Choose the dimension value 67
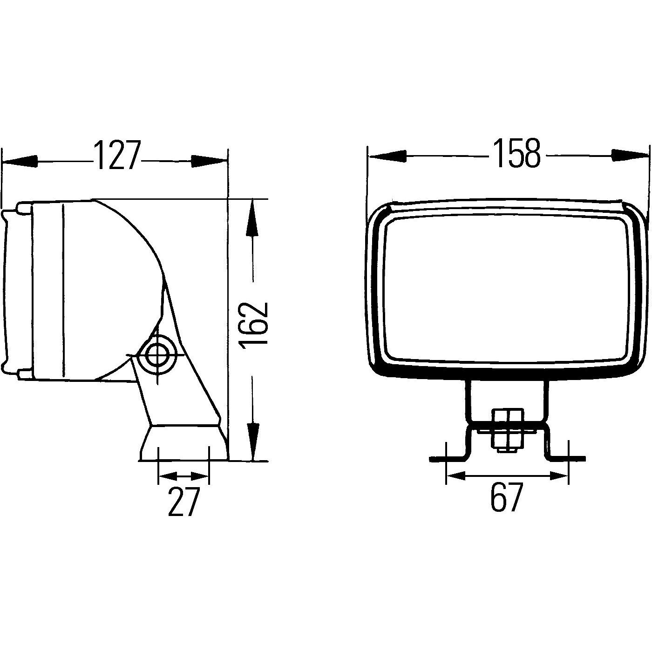point(507,497)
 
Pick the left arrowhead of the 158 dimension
point(387,156)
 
